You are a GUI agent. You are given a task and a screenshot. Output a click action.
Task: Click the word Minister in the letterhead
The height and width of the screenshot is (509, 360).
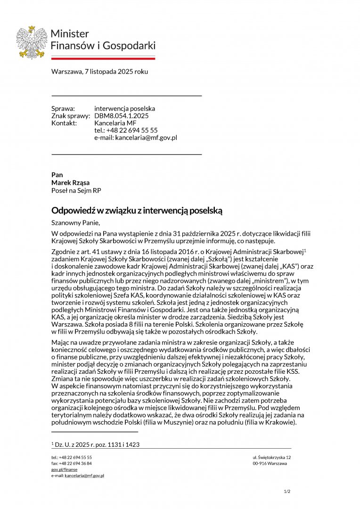click(x=69, y=34)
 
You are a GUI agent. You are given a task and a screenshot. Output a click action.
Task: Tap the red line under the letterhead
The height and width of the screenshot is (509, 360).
click(x=103, y=58)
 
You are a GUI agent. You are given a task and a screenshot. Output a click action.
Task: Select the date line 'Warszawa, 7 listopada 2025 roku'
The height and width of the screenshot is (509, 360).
click(x=99, y=72)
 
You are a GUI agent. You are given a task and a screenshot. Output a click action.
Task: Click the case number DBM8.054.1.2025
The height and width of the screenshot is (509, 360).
click(x=121, y=116)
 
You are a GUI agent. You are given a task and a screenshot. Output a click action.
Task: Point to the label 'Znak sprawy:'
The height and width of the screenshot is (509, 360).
click(x=70, y=116)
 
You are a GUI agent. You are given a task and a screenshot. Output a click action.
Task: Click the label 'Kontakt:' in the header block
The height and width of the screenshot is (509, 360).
click(x=64, y=123)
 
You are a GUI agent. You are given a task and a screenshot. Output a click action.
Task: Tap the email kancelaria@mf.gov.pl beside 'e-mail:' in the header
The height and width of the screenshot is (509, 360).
click(x=146, y=138)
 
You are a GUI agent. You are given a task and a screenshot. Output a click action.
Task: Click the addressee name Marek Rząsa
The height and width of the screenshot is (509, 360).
click(x=70, y=183)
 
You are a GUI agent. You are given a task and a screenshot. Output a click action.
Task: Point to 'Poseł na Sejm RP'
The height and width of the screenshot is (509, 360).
click(x=76, y=190)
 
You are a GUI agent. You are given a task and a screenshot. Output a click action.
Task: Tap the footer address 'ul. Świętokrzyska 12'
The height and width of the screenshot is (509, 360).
click(x=271, y=457)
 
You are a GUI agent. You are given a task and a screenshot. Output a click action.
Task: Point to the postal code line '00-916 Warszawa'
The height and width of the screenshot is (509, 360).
click(x=270, y=463)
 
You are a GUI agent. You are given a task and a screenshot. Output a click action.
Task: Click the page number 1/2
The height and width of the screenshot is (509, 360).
click(x=287, y=492)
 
